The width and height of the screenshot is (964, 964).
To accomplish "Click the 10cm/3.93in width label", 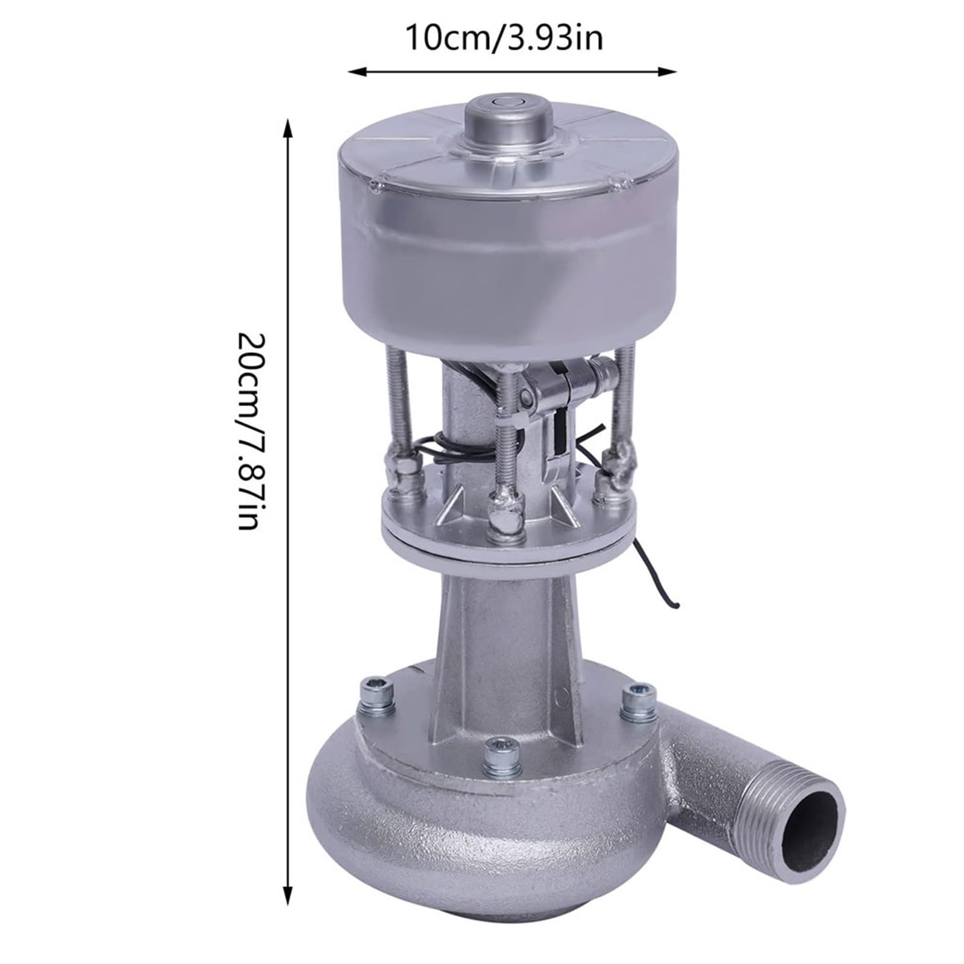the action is (x=504, y=39).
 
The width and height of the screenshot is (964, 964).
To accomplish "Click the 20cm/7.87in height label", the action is (x=248, y=430).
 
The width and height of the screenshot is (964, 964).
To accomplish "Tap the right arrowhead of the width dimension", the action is (x=668, y=71).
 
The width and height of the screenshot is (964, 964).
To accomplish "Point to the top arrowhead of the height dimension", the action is (x=288, y=128).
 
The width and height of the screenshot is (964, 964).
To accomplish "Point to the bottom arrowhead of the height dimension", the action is (x=288, y=890).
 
